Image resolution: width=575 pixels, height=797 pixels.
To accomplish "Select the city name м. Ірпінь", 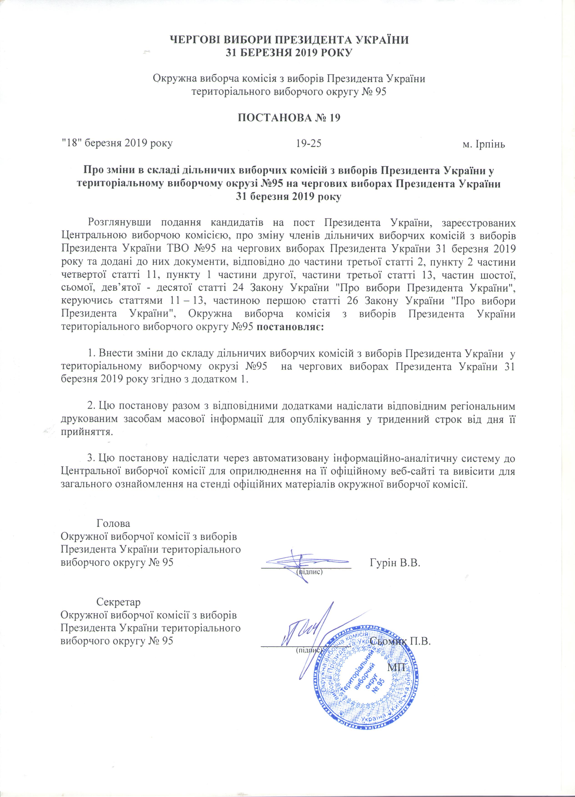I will click(x=484, y=145).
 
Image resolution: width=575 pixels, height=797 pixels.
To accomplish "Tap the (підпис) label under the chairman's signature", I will click(x=310, y=571).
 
